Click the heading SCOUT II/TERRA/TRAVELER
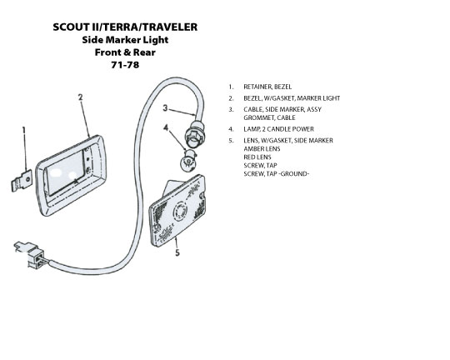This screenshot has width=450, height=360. (x=125, y=27)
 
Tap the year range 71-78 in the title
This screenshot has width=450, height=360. (x=125, y=65)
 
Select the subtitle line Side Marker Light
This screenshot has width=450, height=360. (x=125, y=40)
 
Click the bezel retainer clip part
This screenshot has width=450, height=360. (x=22, y=181)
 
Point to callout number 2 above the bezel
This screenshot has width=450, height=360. (x=80, y=97)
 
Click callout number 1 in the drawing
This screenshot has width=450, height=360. (x=24, y=131)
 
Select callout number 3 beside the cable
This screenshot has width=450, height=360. (x=165, y=108)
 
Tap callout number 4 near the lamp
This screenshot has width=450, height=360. (x=166, y=127)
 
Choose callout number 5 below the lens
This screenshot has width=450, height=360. (x=177, y=253)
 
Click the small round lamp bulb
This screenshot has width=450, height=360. (x=188, y=161)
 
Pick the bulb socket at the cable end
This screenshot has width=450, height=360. (x=193, y=134)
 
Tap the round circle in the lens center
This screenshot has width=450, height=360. (x=180, y=212)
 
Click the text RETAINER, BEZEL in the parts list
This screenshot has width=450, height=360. (x=267, y=87)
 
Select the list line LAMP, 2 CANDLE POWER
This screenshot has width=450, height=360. (x=278, y=129)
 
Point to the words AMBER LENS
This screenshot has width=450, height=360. (x=262, y=148)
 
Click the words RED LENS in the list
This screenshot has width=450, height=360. (x=257, y=157)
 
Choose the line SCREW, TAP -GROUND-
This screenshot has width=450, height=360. (x=277, y=173)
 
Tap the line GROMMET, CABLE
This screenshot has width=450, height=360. (x=269, y=117)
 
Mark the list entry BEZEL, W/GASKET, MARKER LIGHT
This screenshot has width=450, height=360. (x=292, y=98)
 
